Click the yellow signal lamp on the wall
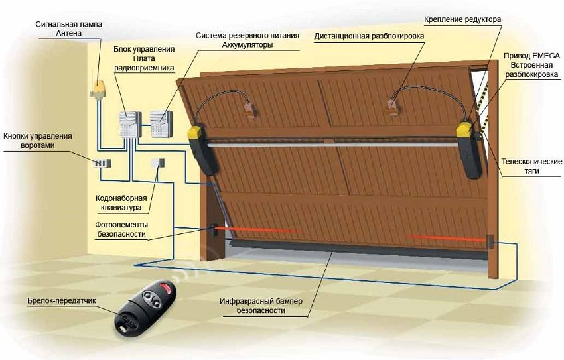[98, 89]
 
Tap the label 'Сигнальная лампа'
[69, 24]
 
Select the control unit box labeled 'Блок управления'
[130, 125]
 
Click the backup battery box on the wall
[161, 123]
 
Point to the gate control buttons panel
[102, 164]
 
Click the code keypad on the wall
[157, 163]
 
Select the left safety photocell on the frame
[214, 230]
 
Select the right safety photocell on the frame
[490, 242]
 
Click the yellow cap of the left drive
[196, 133]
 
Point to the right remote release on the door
[393, 106]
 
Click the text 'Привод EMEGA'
[531, 56]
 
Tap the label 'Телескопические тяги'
[531, 166]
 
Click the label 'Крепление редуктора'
[462, 19]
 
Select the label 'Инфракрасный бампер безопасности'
[261, 306]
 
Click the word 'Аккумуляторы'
[247, 45]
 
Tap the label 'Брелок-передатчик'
[62, 300]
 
